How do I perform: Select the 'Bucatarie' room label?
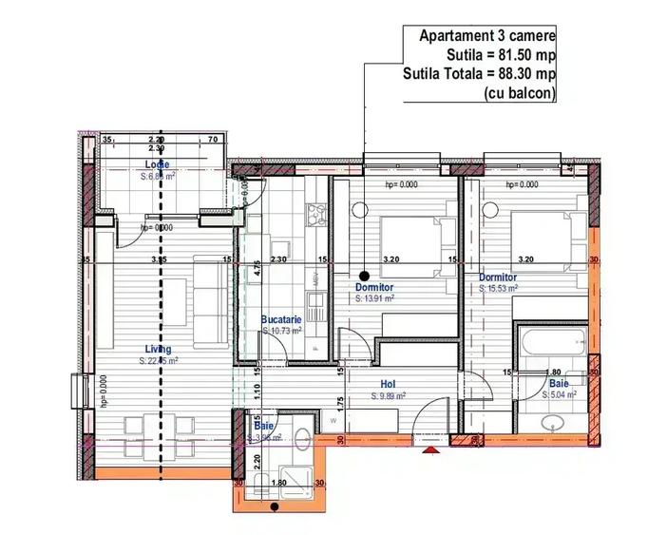(x=281, y=320)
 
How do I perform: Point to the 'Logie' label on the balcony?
(x=157, y=165)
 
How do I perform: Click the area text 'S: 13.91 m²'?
(x=375, y=297)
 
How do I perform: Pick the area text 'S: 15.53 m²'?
(x=498, y=288)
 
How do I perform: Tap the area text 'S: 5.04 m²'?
(x=561, y=394)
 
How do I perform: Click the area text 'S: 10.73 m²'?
(x=281, y=331)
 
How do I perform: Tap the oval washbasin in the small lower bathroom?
(x=301, y=438)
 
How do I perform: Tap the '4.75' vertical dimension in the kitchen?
(x=257, y=268)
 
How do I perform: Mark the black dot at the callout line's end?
(x=365, y=268)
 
